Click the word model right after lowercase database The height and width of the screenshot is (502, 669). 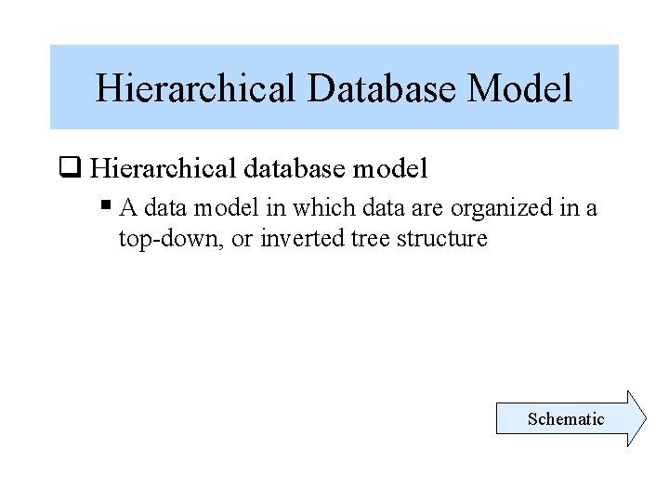pos(386,168)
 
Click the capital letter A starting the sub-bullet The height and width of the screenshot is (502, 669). pos(128,208)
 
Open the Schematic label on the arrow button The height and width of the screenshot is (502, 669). pos(566,419)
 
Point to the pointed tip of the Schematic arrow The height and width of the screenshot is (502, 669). pos(644,419)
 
